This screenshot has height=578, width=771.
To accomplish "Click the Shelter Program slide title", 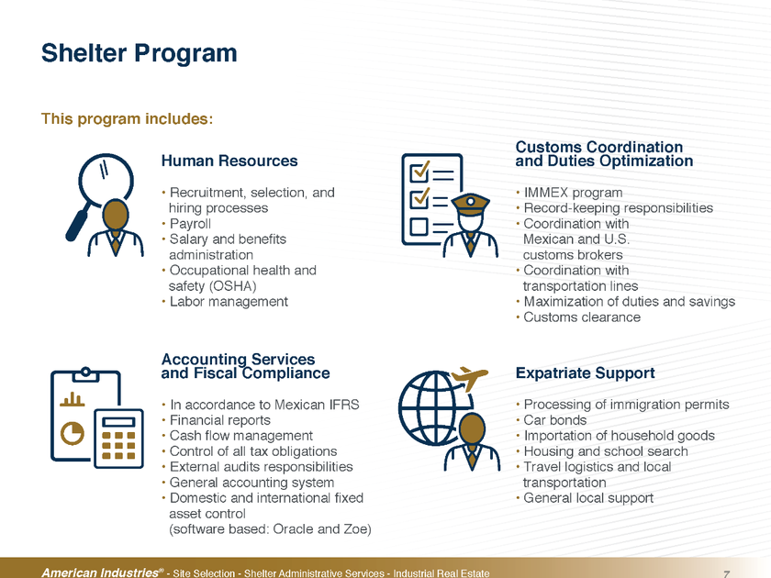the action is pyautogui.click(x=140, y=53).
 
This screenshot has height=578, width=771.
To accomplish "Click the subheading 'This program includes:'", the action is pyautogui.click(x=127, y=119).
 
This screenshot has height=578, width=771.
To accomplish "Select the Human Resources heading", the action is pyautogui.click(x=229, y=161).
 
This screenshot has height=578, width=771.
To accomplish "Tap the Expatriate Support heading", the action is pyautogui.click(x=586, y=373).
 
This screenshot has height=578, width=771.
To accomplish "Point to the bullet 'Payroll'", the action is pyautogui.click(x=190, y=224).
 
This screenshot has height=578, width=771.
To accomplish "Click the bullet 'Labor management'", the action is pyautogui.click(x=229, y=301).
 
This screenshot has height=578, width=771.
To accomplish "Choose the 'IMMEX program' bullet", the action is pyautogui.click(x=573, y=192).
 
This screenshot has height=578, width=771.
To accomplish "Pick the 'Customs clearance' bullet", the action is pyautogui.click(x=582, y=317).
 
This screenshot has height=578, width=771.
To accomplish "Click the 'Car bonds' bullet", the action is pyautogui.click(x=554, y=420).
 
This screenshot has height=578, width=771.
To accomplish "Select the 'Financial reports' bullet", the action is pyautogui.click(x=219, y=420).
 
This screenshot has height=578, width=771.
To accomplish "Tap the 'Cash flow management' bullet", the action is pyautogui.click(x=240, y=436).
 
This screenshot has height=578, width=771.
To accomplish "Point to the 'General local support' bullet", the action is pyautogui.click(x=588, y=498).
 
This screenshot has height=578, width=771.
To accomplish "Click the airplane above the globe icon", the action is pyautogui.click(x=469, y=377).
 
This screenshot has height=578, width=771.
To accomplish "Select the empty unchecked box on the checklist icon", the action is pyautogui.click(x=419, y=227).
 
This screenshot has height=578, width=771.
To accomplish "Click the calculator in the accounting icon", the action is pyautogui.click(x=118, y=439).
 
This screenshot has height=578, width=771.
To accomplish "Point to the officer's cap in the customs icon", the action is pyautogui.click(x=471, y=203).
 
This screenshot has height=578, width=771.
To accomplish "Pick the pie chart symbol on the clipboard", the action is pyautogui.click(x=73, y=433).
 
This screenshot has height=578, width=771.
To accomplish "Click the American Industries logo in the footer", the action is pyautogui.click(x=102, y=572).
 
